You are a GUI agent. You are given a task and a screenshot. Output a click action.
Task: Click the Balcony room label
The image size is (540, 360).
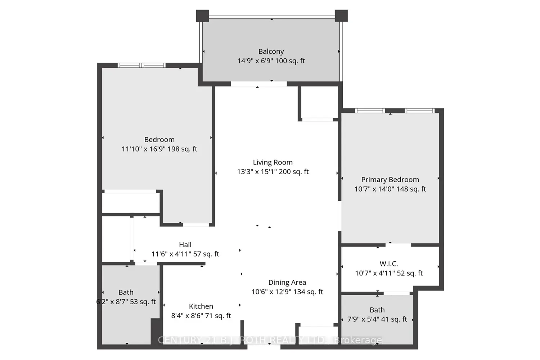(x=271, y=51)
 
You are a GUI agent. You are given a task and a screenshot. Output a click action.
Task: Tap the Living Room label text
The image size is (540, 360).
(x=273, y=162)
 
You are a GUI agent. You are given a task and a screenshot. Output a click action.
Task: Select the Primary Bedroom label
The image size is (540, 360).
(x=390, y=180)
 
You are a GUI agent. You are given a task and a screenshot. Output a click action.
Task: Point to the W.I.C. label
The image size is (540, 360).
(x=388, y=264)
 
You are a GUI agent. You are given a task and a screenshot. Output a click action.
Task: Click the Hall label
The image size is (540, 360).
(x=185, y=245)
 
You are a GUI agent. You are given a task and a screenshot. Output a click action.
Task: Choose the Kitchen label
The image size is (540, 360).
(x=201, y=306)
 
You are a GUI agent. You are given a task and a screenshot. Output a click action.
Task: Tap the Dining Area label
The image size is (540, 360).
(x=287, y=282)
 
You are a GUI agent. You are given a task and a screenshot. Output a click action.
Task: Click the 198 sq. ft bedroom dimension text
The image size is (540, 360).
(x=159, y=149)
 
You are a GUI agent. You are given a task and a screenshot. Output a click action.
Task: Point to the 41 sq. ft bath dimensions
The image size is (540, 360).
(x=377, y=319)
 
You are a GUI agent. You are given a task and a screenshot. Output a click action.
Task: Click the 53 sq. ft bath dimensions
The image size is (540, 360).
(x=126, y=302)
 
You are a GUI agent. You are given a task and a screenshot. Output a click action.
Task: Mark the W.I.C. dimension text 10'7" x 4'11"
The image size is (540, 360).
(x=375, y=273)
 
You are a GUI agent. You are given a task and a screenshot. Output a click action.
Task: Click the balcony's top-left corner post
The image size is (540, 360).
(x=202, y=16)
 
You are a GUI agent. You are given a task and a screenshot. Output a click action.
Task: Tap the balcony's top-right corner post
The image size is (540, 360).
(x=341, y=16)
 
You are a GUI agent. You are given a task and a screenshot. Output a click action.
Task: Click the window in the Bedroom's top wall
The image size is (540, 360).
(x=141, y=65)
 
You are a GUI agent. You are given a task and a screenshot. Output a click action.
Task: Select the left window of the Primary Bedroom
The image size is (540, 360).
(x=370, y=111)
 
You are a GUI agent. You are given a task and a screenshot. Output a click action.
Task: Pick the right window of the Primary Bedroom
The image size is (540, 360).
(x=419, y=111)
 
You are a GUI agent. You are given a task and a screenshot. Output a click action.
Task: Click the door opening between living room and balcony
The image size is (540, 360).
(x=259, y=84)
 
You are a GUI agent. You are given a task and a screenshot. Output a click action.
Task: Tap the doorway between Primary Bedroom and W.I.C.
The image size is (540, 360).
(x=398, y=245)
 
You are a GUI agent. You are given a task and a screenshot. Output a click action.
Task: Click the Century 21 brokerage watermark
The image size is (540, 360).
(x=270, y=340)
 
